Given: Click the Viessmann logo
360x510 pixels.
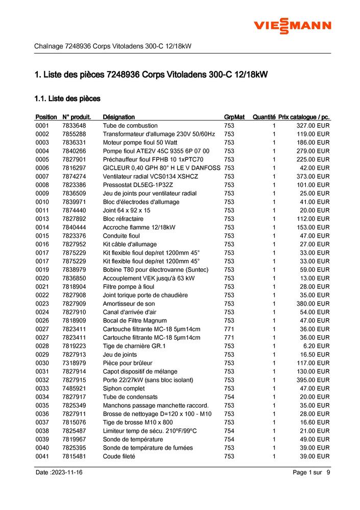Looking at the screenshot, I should pos(293,27).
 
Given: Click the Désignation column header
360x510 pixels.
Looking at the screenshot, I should pos(118,117).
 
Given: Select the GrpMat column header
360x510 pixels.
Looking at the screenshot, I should pos(234,117).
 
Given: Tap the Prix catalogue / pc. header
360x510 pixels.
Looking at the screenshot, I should pos(304,117).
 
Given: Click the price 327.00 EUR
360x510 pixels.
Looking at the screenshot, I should pos(313,126).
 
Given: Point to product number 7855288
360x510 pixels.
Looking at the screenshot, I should pos(74,134).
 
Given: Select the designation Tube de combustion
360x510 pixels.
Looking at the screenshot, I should pos(130,126).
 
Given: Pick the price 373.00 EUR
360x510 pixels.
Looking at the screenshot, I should pos(313,176).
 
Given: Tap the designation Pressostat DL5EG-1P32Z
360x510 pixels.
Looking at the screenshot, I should pos(137,185).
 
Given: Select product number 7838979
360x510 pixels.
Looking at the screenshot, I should pos(74,270).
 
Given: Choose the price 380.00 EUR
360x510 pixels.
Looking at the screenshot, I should pos(313,304).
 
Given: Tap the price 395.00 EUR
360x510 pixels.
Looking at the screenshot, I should pos(313,380).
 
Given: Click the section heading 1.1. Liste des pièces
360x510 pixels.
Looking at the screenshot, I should pos(67,98).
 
